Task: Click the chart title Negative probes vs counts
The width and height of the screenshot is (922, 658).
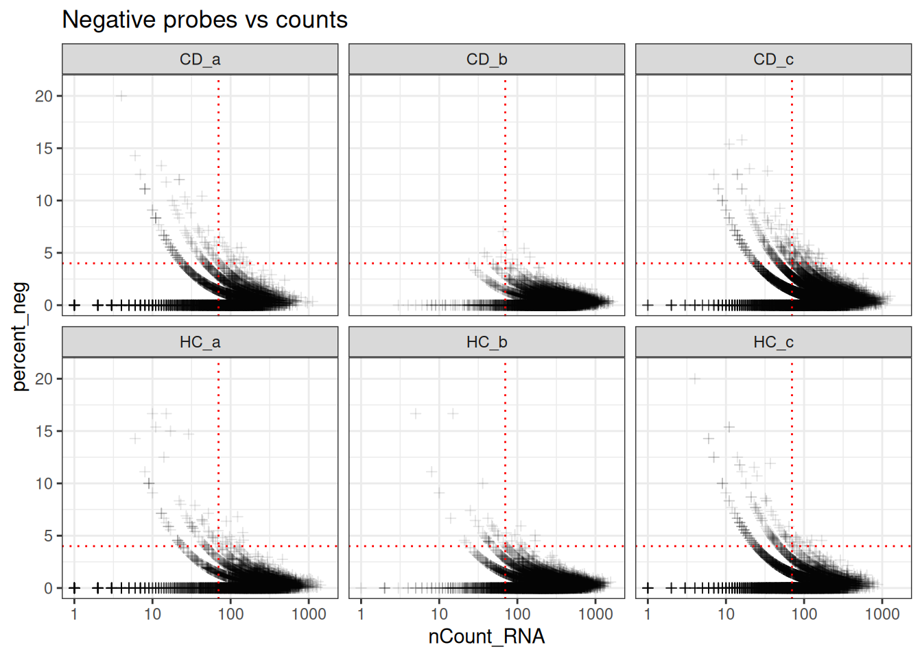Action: coord(204,20)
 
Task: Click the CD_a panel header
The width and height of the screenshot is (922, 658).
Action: coord(200,60)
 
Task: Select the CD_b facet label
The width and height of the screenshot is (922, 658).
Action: coord(486,60)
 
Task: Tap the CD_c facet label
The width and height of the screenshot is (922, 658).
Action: coord(773,60)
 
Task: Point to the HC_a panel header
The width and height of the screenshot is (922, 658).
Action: coord(200,342)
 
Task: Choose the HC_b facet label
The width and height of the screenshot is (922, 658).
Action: coord(486,342)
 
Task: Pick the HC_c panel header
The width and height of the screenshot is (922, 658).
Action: coord(773,342)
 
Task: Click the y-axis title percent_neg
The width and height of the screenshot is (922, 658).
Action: coord(21,336)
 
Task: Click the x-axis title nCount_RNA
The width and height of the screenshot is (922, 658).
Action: coord(486,637)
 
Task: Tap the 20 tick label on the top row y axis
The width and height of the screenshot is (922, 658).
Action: coord(44,96)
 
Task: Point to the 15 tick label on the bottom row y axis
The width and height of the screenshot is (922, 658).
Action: coord(44,431)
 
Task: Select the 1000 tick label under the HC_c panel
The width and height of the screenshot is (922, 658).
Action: coord(882,614)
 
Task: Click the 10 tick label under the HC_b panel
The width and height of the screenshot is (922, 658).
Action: coord(439,614)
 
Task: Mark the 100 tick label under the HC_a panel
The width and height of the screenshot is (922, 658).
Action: coord(230,614)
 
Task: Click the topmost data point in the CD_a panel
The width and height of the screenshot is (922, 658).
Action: coord(121,96)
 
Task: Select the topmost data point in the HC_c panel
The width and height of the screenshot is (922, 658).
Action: coord(695,378)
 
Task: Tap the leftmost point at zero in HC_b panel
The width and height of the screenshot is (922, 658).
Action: coord(361,588)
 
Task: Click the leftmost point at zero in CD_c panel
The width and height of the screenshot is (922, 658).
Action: coord(648,305)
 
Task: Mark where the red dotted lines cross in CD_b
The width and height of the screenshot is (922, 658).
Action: coord(506,263)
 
